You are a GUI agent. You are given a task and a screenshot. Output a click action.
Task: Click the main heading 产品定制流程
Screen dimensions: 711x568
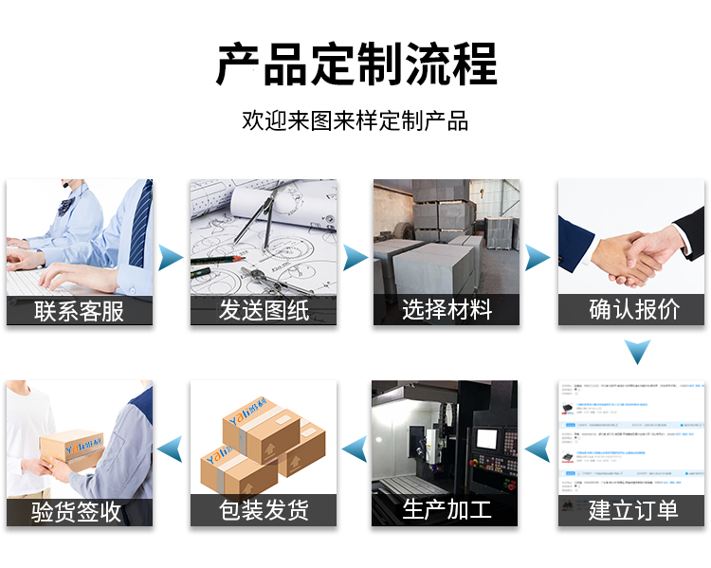(355, 65)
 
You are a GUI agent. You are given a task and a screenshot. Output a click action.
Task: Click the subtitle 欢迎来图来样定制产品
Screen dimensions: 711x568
(355, 121)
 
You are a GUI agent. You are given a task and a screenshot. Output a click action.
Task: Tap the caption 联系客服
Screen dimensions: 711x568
(80, 310)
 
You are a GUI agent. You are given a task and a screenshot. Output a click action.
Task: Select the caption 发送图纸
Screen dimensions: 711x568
(264, 310)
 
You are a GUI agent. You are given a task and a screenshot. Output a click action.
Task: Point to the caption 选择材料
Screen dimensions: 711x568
(447, 310)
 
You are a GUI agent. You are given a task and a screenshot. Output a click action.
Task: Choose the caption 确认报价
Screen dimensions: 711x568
(632, 310)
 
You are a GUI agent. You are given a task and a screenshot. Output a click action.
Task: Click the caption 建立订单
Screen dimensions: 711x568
(632, 510)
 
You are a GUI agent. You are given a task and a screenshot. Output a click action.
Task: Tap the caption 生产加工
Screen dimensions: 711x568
(447, 510)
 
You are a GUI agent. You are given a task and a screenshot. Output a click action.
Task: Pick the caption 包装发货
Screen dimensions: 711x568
(264, 510)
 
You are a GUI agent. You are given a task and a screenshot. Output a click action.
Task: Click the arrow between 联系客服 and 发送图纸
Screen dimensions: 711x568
(171, 256)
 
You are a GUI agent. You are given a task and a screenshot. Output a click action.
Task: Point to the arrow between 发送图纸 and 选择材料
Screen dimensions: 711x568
(355, 256)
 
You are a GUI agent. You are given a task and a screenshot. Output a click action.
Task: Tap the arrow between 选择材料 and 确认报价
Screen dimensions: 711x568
(538, 256)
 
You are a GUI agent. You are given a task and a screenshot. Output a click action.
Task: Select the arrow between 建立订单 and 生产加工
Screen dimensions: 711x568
(538, 446)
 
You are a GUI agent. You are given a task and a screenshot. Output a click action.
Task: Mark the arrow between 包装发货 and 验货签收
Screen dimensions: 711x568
(170, 446)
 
